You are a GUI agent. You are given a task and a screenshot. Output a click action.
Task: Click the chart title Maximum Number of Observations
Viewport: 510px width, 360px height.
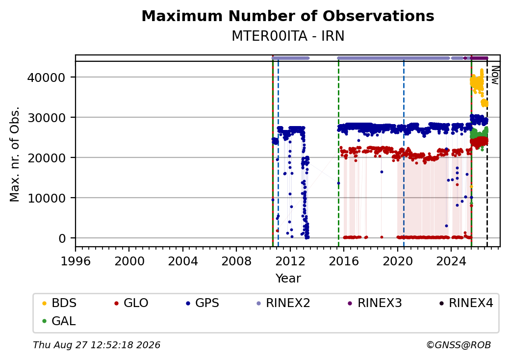288,16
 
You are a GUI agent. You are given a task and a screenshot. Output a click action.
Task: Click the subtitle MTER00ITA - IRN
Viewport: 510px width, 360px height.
288,36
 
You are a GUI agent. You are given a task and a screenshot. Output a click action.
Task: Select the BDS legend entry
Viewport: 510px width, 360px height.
59,303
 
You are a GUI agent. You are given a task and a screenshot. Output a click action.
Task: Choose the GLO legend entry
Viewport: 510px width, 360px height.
131,303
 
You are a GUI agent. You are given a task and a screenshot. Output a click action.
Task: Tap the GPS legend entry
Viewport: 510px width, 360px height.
203,303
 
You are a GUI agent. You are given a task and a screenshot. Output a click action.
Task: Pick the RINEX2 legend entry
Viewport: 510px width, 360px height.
283,303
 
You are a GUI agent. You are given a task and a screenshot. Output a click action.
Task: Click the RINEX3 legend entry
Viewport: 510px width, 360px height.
375,303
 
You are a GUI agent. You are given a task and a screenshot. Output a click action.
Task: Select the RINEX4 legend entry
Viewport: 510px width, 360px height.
466,303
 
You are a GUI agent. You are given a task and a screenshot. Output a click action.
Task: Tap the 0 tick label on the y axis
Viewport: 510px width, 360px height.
62,238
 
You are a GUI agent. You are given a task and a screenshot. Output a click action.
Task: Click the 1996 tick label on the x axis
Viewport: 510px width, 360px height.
76,261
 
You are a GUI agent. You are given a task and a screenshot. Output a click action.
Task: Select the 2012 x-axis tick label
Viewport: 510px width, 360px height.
290,261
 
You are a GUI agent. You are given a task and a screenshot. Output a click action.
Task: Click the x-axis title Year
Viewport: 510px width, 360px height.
288,279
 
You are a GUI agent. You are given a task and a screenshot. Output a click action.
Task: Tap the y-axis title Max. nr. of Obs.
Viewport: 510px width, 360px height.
15,154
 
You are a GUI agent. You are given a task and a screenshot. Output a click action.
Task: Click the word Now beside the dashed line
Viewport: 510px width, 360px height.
495,75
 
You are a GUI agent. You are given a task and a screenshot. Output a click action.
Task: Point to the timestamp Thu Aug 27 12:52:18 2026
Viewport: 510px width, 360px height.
97,345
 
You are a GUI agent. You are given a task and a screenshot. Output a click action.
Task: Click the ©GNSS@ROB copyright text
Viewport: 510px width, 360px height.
459,345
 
